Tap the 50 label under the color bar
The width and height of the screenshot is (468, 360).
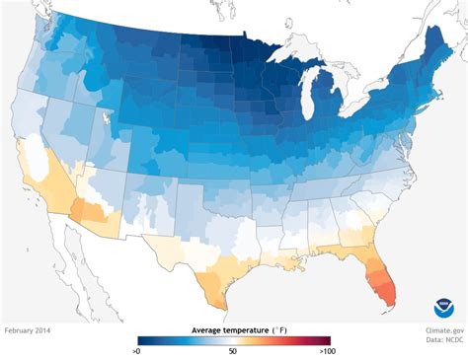click(233, 350)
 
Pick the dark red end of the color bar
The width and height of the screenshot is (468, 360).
click(325, 340)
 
